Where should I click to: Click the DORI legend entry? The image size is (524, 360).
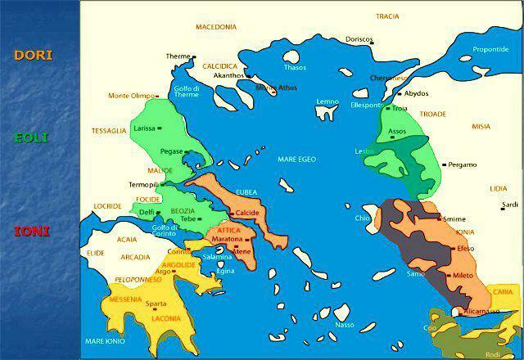tap(34, 56)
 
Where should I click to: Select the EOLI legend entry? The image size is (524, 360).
tap(32, 137)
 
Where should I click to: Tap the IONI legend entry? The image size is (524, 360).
tap(32, 232)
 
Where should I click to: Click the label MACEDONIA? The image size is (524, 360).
tap(216, 27)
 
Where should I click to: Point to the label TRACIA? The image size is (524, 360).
tap(387, 16)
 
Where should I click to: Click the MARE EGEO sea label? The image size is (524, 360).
tap(296, 159)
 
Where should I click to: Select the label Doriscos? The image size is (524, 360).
tap(359, 39)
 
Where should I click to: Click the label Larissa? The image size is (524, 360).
tap(144, 128)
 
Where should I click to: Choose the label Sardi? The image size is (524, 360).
tap(509, 205)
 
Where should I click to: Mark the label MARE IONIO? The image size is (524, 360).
tap(103, 341)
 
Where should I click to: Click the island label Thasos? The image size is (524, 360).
tap(294, 67)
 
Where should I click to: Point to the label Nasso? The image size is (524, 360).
tap(346, 325)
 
